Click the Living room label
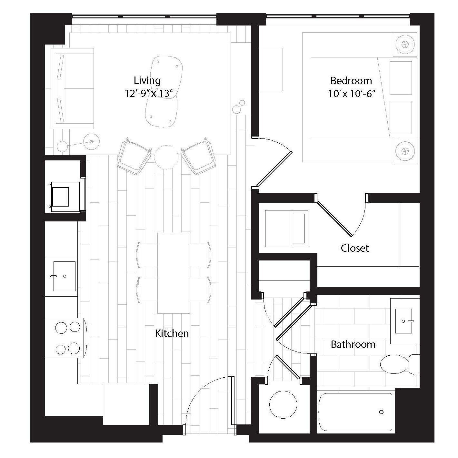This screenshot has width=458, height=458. pyautogui.click(x=147, y=80)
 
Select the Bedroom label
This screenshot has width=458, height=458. pyautogui.click(x=351, y=80)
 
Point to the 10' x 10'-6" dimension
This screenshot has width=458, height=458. pyautogui.click(x=352, y=94)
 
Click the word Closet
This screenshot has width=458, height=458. pyautogui.click(x=355, y=248)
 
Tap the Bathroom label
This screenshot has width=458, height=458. pyautogui.click(x=353, y=344)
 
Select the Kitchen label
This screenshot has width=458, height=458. pyautogui.click(x=172, y=333)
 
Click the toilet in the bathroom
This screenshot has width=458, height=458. pyautogui.click(x=398, y=364)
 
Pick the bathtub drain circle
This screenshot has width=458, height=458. pyautogui.click(x=382, y=412)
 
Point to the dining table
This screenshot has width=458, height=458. pyautogui.click(x=174, y=273)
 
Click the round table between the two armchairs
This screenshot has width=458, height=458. pyautogui.click(x=166, y=157)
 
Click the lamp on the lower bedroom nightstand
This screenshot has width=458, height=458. pyautogui.click(x=405, y=150)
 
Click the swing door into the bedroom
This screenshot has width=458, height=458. pyautogui.click(x=274, y=170)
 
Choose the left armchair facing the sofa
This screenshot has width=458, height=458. pyautogui.click(x=134, y=157)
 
